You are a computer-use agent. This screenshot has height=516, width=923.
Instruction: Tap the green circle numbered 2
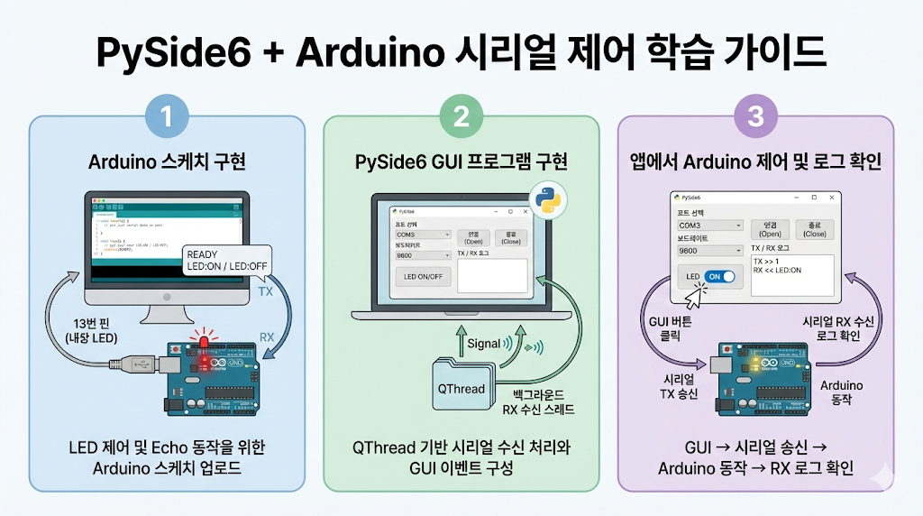(461, 116)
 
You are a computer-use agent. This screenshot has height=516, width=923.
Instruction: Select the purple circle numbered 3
(756, 116)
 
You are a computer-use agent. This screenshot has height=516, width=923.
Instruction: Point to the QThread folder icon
(461, 386)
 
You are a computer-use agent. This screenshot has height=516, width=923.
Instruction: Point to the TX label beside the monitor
(266, 293)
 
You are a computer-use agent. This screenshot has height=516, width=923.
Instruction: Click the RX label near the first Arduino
(267, 337)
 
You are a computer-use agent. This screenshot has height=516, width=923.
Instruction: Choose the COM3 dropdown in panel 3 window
(710, 226)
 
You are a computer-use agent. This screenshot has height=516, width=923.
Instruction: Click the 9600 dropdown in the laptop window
(422, 255)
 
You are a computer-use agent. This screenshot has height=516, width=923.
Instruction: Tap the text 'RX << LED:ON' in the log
(777, 270)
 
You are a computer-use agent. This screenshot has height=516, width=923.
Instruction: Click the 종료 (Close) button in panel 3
(814, 229)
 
